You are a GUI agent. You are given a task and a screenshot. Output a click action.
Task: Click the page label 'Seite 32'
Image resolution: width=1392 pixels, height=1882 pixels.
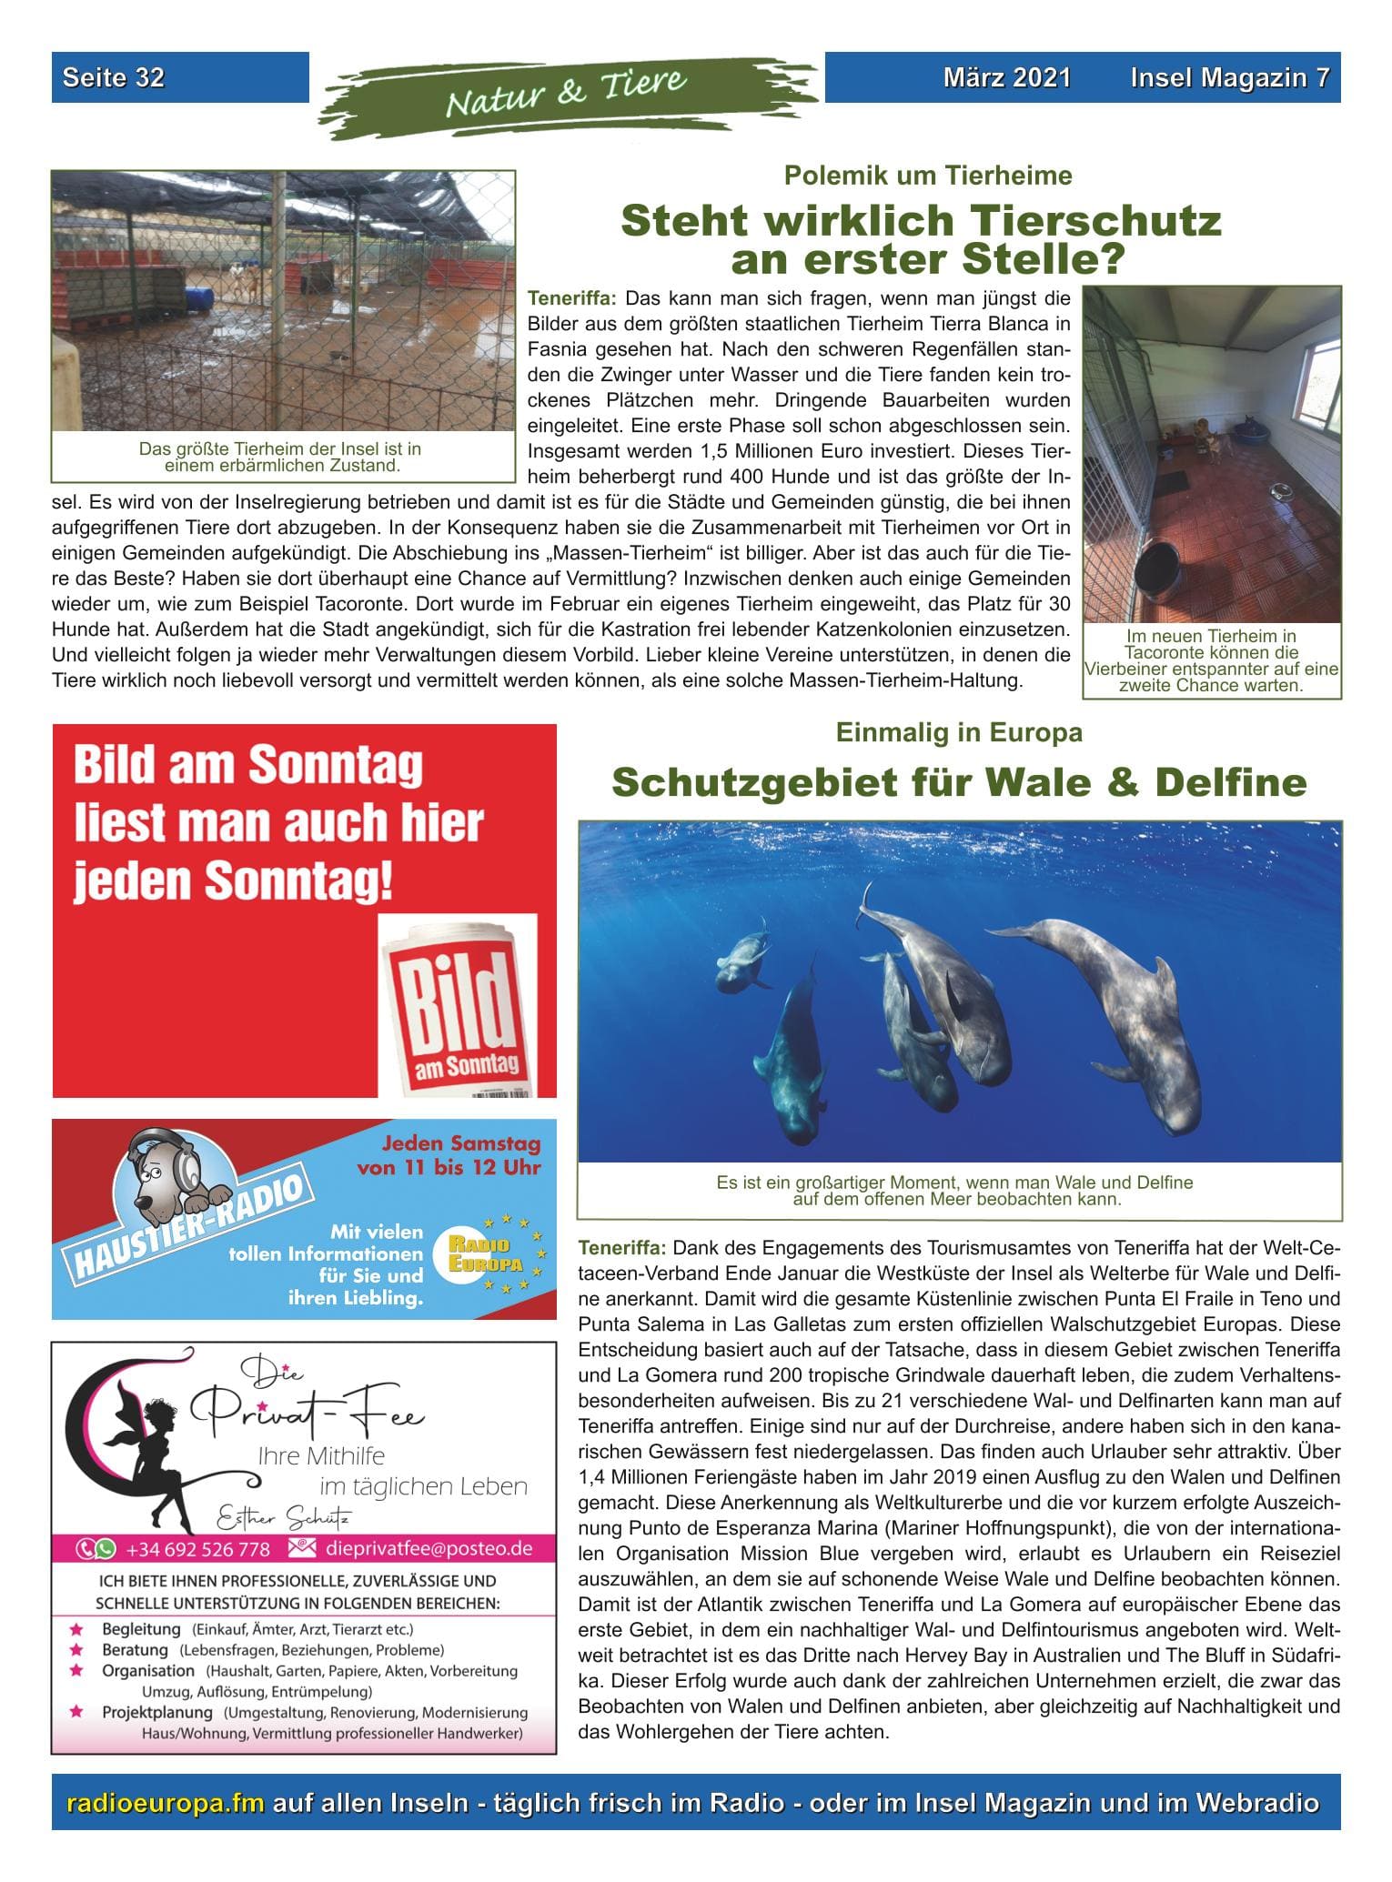(114, 77)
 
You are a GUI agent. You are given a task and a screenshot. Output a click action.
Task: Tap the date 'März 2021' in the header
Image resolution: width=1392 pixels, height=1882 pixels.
(1006, 77)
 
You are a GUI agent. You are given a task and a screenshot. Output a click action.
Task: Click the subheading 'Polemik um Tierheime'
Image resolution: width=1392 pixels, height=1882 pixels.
(928, 176)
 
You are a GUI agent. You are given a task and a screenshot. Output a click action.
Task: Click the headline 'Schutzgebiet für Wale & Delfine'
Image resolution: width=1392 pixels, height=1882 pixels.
(959, 782)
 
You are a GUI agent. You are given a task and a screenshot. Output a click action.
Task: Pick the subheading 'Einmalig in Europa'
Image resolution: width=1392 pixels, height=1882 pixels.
(959, 732)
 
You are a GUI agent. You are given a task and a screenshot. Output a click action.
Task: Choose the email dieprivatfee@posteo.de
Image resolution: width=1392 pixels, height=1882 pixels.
(435, 1548)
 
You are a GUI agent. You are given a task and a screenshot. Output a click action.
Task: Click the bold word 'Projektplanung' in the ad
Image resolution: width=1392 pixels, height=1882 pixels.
(157, 1713)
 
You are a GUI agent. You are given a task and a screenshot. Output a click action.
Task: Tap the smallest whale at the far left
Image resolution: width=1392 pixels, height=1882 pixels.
(742, 963)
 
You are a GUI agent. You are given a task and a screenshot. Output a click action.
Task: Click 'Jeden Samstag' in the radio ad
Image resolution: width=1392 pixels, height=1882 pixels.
(460, 1144)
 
